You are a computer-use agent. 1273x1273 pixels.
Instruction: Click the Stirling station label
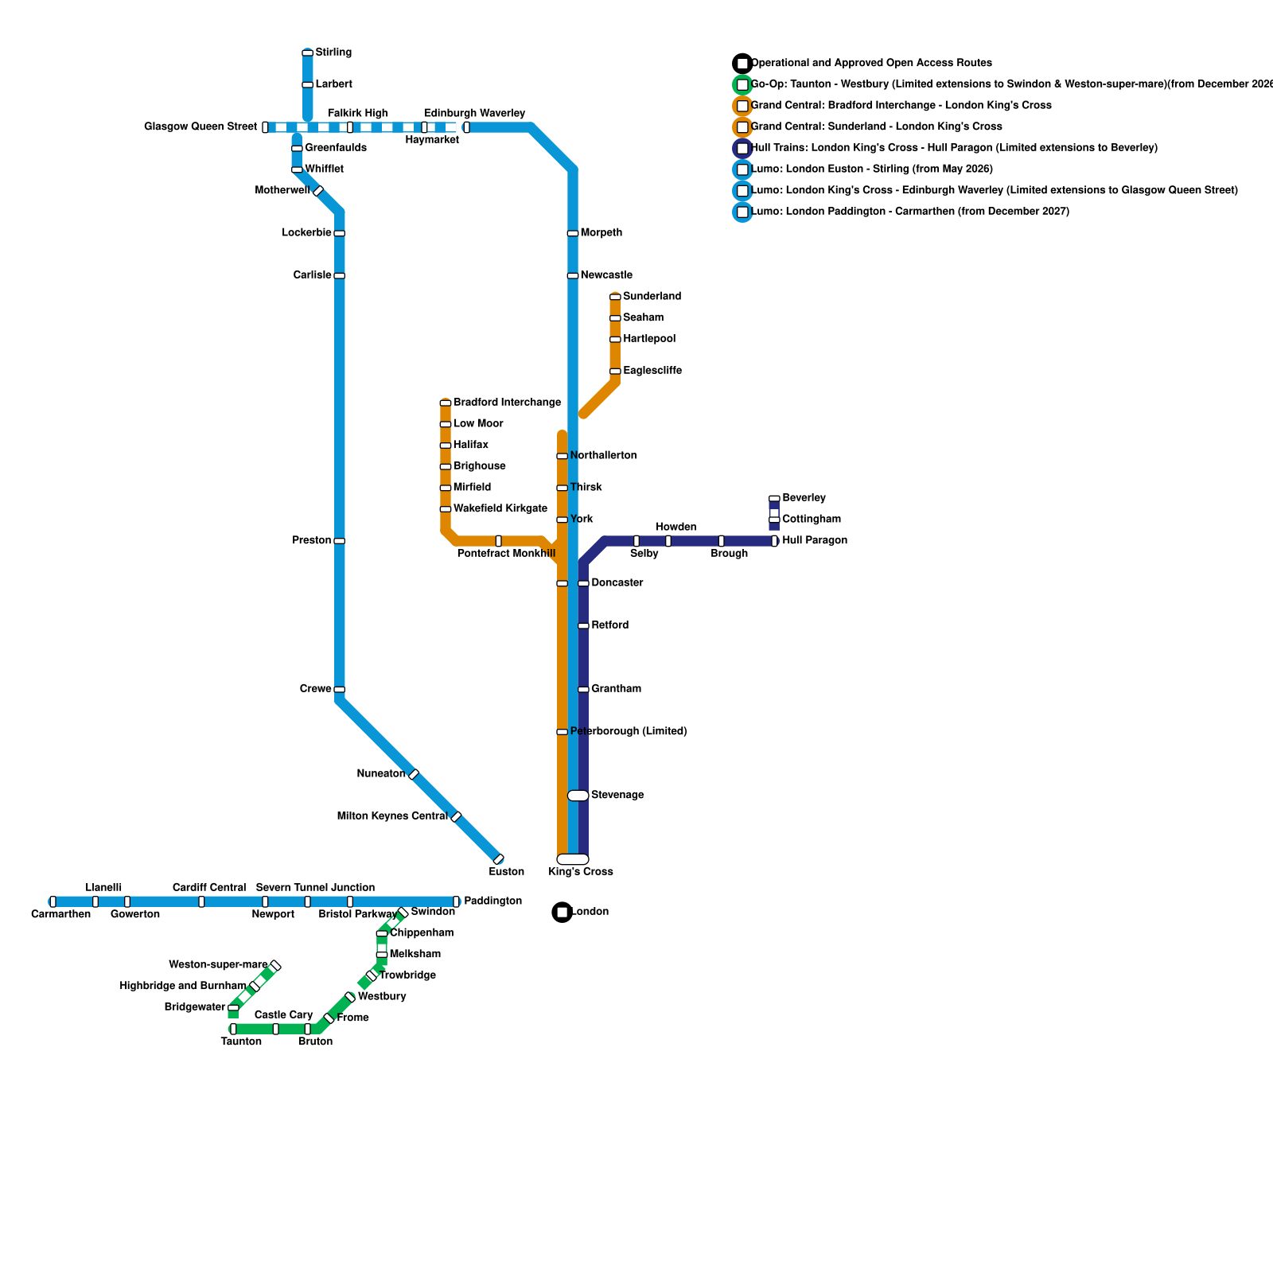tap(333, 53)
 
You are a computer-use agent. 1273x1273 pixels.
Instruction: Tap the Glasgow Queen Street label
tap(200, 127)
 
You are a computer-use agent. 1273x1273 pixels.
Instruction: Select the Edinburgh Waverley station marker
tap(466, 127)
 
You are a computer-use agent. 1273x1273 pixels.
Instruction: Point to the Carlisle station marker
tap(339, 275)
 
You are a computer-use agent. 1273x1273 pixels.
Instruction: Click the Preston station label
tap(311, 541)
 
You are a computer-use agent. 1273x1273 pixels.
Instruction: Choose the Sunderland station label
tap(652, 297)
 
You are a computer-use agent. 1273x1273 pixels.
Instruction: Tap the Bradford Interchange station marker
tap(446, 403)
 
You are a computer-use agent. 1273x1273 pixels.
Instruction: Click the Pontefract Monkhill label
tap(506, 554)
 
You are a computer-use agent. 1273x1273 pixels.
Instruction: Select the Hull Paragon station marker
tap(774, 541)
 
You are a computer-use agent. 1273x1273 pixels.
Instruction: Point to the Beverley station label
tap(804, 498)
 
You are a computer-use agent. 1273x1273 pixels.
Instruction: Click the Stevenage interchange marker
tap(578, 796)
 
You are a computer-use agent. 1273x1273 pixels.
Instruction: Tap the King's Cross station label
tap(581, 872)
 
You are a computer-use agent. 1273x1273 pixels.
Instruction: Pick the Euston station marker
tap(499, 859)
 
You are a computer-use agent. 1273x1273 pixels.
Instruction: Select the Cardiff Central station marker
tap(201, 901)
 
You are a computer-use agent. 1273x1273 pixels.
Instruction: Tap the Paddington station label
tap(492, 901)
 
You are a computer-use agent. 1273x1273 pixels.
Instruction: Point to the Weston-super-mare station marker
tap(275, 966)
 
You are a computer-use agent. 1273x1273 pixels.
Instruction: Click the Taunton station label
tap(241, 1042)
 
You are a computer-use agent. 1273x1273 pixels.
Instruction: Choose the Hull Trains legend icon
tap(742, 148)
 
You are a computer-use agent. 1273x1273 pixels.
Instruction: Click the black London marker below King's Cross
tap(563, 913)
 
